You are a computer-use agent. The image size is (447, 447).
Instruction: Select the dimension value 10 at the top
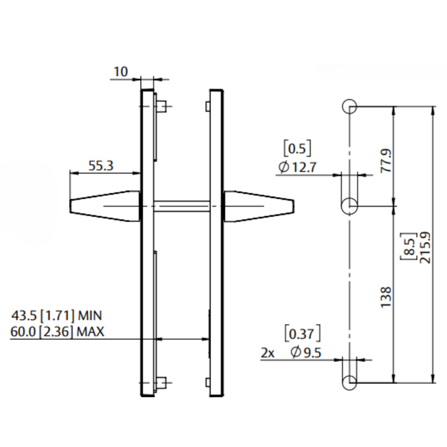120,72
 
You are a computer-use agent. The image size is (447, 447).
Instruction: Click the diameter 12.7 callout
298,168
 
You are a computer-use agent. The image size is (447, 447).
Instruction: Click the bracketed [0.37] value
303,332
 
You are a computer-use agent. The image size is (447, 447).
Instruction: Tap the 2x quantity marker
268,352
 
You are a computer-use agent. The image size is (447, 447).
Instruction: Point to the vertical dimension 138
384,296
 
